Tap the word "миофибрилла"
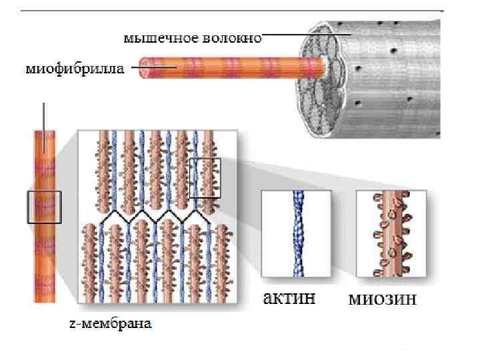coord(73,68)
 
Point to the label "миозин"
coord(383,299)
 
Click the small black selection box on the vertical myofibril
coord(44,207)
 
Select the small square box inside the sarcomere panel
coord(205,178)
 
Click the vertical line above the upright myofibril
coord(44,116)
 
